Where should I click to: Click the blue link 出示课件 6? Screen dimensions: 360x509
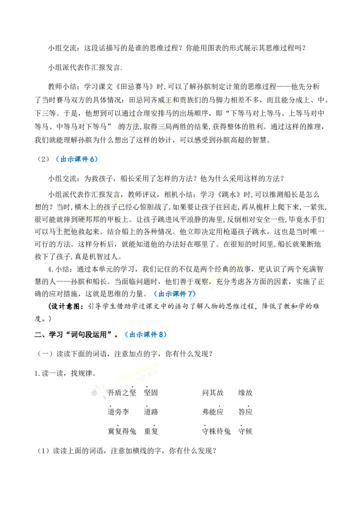click(x=77, y=159)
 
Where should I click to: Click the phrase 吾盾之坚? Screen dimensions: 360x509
click(x=122, y=393)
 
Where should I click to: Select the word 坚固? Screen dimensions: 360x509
click(x=151, y=393)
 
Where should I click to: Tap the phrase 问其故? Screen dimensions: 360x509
click(x=213, y=393)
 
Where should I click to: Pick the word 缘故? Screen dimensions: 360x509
click(x=245, y=393)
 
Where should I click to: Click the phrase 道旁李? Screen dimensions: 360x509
click(x=118, y=412)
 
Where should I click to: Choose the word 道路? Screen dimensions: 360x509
click(x=151, y=412)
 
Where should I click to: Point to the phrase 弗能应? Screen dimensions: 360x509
click(x=213, y=412)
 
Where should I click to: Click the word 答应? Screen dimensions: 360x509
click(x=245, y=412)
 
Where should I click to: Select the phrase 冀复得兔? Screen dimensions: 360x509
click(x=122, y=431)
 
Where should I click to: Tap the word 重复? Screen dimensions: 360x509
click(x=151, y=431)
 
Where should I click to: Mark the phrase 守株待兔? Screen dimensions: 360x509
click(x=216, y=431)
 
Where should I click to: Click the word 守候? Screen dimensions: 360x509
click(x=245, y=431)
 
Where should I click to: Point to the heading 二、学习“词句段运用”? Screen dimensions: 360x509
click(x=74, y=335)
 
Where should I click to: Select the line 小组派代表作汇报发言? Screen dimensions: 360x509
click(x=85, y=67)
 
